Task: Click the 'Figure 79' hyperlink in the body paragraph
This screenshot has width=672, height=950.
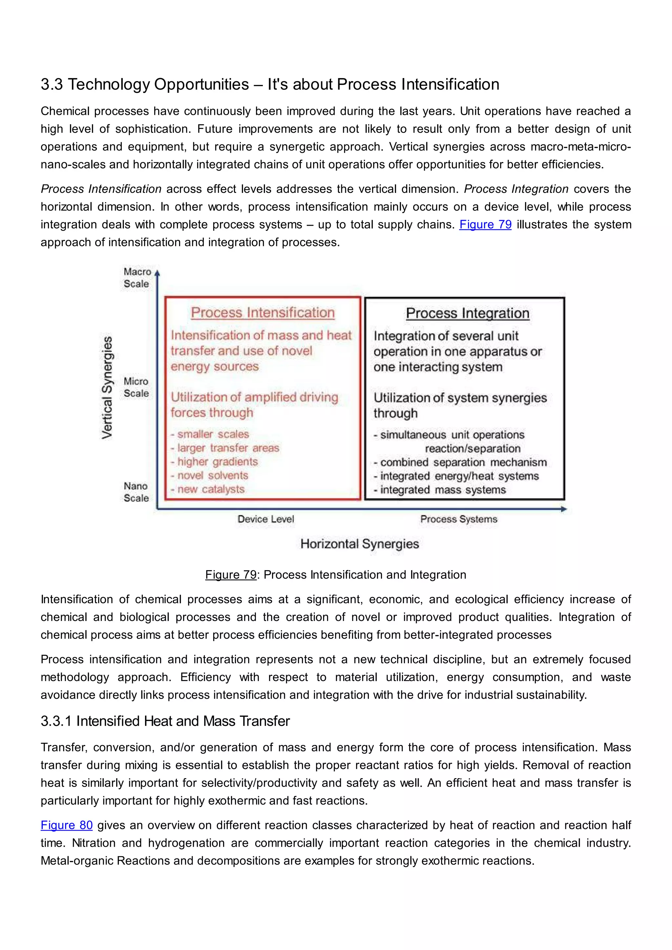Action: (x=485, y=224)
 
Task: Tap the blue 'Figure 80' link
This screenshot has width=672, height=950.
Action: (x=66, y=825)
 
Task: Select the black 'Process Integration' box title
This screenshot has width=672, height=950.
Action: (x=468, y=313)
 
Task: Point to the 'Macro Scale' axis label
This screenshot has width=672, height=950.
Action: (x=136, y=278)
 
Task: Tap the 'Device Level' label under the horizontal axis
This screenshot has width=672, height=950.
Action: (x=266, y=519)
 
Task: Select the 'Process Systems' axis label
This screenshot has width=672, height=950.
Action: (x=458, y=519)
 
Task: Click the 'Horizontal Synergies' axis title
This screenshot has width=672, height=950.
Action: (x=360, y=544)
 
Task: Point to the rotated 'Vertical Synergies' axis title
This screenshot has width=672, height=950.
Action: (x=107, y=387)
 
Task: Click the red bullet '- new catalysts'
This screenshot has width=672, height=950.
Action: (x=208, y=489)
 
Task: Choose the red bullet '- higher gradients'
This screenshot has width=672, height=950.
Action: (x=214, y=462)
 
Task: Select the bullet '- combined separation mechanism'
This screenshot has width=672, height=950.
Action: (x=460, y=462)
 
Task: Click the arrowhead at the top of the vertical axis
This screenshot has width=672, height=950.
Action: (x=157, y=273)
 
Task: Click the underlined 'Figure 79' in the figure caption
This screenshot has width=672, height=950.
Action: (x=231, y=575)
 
